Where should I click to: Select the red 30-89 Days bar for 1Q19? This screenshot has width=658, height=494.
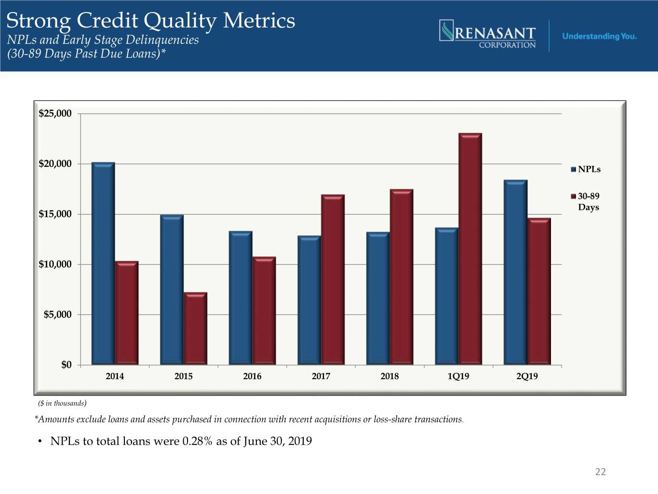470,249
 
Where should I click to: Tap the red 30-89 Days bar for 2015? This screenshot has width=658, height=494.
195,329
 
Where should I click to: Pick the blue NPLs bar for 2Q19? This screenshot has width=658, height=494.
515,273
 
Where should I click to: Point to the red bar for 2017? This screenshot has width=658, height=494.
333,280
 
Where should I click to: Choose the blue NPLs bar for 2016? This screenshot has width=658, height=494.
240,298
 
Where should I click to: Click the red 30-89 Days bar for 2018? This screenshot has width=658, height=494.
402,277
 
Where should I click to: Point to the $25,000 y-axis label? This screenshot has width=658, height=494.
55,114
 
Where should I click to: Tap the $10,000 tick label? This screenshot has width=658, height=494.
55,264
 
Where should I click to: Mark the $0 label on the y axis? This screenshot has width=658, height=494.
66,365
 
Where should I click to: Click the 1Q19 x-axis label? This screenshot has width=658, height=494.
458,376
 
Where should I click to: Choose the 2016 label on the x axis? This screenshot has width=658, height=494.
252,376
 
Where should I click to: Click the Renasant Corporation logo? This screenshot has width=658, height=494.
488,34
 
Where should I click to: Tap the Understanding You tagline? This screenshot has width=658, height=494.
599,36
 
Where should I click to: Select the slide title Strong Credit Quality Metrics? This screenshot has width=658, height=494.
150,21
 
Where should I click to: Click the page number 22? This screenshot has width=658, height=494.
600,472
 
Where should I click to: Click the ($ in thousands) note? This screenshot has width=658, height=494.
62,403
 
